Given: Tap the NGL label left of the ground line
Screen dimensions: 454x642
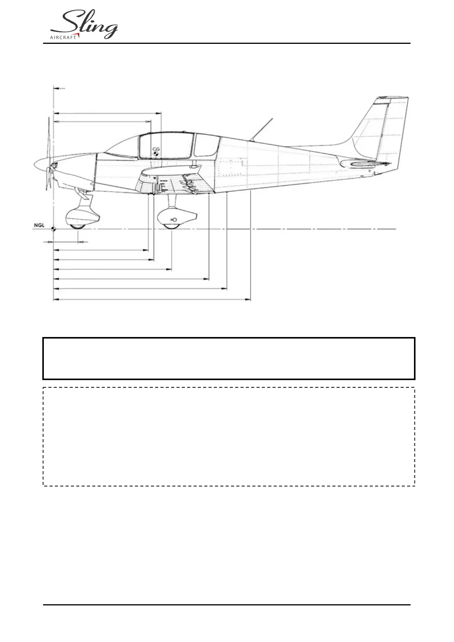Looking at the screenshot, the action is click(39, 225).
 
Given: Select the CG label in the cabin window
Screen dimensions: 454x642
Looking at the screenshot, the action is click(156, 149).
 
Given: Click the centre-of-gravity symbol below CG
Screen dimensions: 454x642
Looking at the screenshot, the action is click(156, 154).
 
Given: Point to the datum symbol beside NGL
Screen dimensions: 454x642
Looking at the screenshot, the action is click(53, 229).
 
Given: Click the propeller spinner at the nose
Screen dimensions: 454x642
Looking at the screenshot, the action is click(40, 165).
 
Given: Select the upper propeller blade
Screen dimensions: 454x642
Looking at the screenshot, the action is click(49, 137).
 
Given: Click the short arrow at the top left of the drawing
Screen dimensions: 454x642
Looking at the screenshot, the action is click(59, 88).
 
